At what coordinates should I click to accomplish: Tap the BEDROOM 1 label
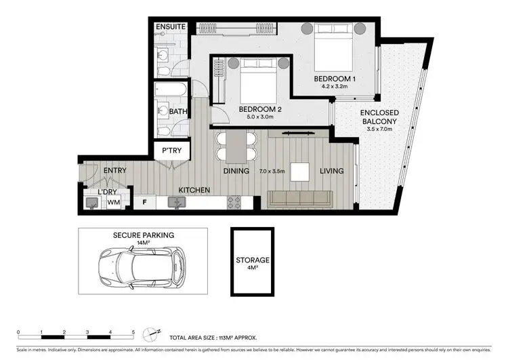coord(334,79)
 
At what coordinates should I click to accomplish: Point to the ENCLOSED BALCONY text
coord(379,117)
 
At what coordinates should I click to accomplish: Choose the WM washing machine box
coord(113,201)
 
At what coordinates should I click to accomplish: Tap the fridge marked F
coord(144,201)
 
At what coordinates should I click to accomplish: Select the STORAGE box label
coord(253,260)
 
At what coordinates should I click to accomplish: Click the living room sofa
coord(300,199)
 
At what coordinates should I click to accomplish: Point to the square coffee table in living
coord(300,172)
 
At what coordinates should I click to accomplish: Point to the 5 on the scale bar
coord(133,332)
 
